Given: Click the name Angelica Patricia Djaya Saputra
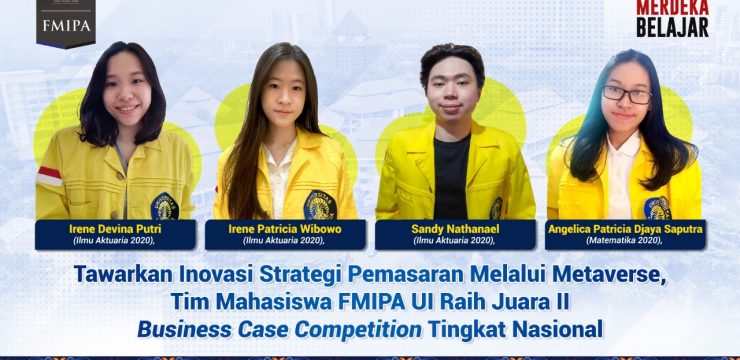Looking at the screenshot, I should [625, 229].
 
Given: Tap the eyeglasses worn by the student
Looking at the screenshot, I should [627, 96].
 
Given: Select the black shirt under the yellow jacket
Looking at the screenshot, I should [451, 181].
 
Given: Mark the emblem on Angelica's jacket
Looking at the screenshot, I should [658, 207].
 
